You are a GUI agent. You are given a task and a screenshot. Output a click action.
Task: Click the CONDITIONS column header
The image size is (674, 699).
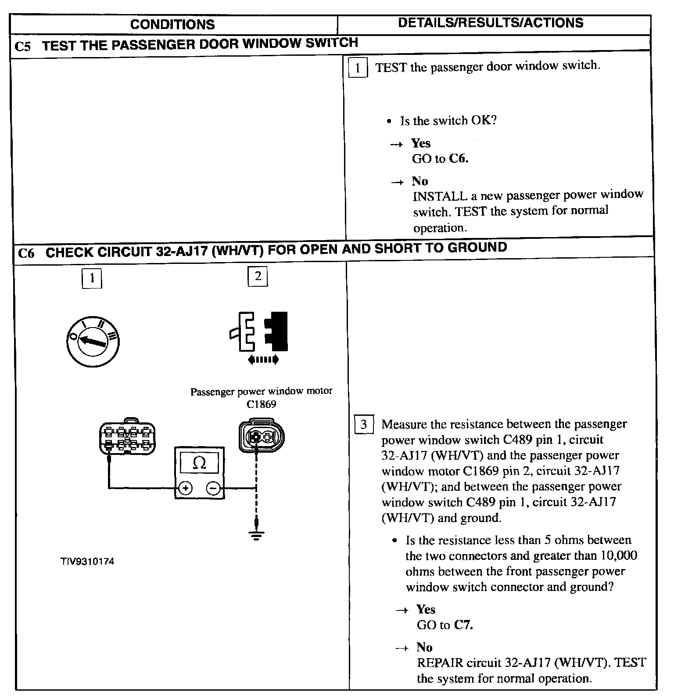coord(172,24)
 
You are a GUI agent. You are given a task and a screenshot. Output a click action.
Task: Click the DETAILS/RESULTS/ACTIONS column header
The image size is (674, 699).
coord(491,23)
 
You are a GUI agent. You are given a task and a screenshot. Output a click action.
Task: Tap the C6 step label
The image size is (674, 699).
coord(26,254)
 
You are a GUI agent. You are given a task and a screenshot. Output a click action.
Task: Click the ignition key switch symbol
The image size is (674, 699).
coord(93,342)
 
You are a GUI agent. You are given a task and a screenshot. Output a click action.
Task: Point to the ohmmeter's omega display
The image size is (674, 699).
coord(200,463)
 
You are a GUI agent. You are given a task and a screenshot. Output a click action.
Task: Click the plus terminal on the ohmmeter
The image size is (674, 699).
coord(186,488)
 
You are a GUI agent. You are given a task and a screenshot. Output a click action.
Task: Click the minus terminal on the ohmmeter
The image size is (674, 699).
coord(213,488)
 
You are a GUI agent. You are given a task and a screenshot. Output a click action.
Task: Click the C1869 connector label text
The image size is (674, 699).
coord(262,404)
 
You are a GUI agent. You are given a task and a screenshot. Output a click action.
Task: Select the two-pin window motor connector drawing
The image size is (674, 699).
coord(261,436)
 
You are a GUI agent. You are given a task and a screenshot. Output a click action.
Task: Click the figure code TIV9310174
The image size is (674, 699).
coord(88,562)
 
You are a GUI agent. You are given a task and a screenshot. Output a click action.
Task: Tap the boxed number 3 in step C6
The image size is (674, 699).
coord(363,424)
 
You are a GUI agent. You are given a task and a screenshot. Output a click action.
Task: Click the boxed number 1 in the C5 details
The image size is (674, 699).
coord(358,68)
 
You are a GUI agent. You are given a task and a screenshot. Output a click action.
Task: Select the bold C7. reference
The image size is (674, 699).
coord(463,625)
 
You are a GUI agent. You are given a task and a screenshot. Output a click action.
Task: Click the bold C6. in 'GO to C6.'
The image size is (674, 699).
coord(459,159)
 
